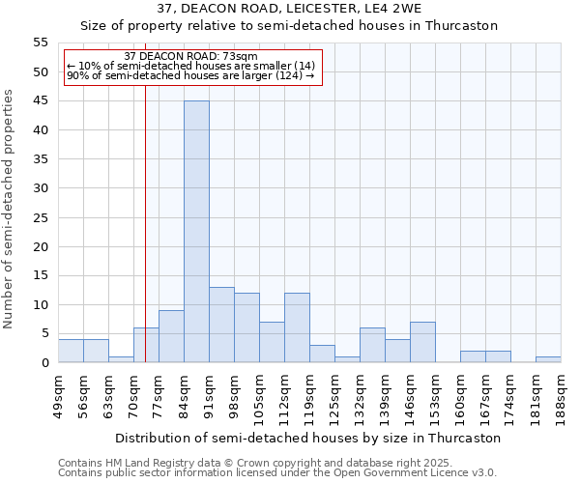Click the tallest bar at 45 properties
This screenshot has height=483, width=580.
[x=196, y=232]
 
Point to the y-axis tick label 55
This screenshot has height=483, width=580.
[x=41, y=43]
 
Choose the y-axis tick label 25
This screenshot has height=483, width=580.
[x=41, y=217]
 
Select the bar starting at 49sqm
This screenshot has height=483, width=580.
[x=71, y=352]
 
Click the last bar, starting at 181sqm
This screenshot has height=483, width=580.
[x=548, y=360]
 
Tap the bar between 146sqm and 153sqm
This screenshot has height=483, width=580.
[x=422, y=343]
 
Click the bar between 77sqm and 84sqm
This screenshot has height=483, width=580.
[x=171, y=337]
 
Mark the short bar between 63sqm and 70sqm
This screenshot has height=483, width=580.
[x=121, y=360]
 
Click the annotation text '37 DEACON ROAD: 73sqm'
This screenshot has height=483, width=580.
[x=191, y=57]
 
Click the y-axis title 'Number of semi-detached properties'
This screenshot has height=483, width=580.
[x=9, y=209]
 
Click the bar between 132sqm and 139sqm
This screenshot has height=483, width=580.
[x=372, y=346]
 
